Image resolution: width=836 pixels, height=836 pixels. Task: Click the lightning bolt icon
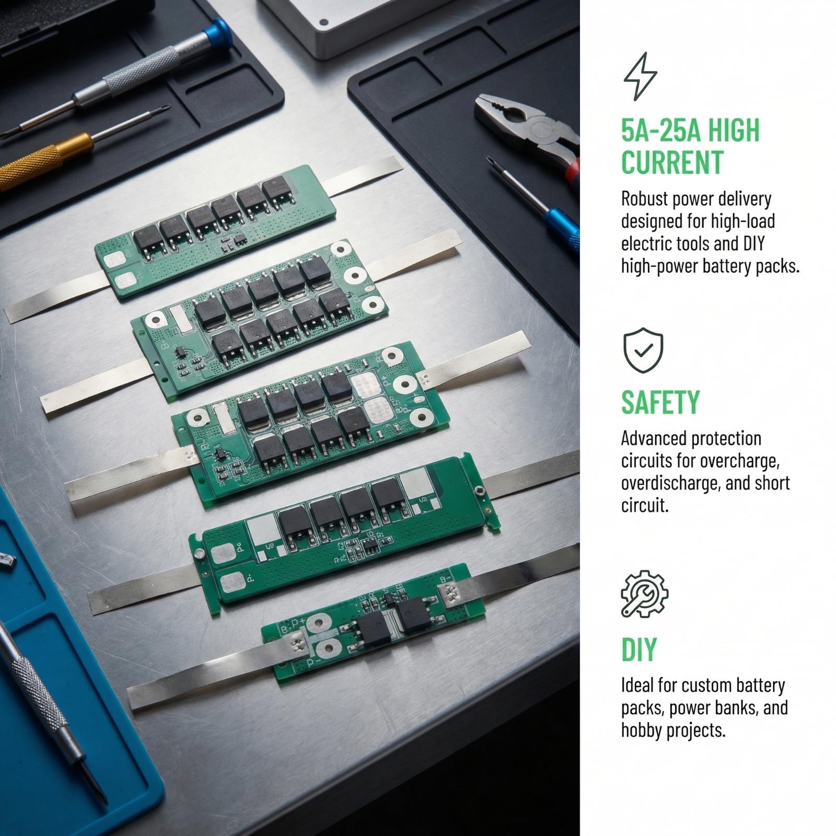point(641,76)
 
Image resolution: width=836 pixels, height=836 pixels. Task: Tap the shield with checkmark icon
point(643,350)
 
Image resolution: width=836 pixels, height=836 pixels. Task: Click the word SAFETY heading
point(660,402)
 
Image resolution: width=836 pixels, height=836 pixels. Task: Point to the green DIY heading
point(638,650)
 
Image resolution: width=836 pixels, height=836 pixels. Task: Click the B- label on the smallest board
point(446,579)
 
